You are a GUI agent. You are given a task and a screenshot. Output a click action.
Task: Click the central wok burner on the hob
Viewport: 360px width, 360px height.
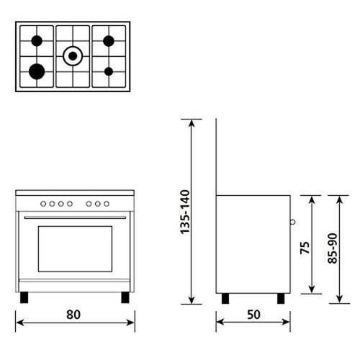point(73,54)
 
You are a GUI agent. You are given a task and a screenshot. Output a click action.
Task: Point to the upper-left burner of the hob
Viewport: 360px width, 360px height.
point(36,40)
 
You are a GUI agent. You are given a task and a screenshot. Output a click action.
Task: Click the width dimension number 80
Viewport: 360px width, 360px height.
point(73,314)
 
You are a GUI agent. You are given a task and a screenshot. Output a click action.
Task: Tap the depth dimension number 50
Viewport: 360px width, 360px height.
point(253,314)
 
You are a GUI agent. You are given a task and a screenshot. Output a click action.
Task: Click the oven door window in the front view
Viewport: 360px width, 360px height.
point(74,248)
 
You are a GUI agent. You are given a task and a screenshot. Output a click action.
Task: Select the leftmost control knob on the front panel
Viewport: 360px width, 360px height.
point(43,204)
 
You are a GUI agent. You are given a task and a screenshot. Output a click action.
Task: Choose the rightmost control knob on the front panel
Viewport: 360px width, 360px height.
point(106,204)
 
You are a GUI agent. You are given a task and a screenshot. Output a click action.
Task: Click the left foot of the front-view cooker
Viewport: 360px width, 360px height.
point(26,296)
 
